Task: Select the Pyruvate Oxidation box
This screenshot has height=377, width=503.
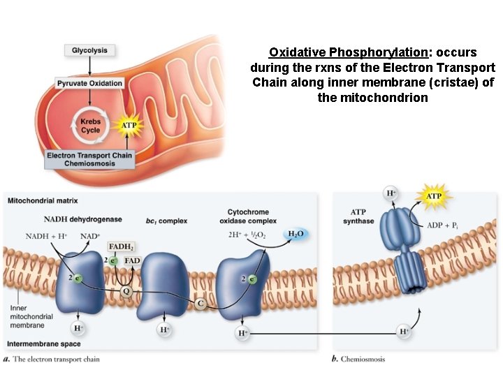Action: [x=90, y=84]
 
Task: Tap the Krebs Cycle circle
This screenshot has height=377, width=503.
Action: [x=90, y=126]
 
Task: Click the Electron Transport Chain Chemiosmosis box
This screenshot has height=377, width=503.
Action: [x=89, y=159]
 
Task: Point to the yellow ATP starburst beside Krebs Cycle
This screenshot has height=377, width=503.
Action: [x=129, y=126]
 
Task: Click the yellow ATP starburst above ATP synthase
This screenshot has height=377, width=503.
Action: [x=434, y=197]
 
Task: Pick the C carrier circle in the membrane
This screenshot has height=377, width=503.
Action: [x=201, y=303]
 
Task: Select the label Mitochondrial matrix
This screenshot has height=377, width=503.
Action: [x=40, y=200]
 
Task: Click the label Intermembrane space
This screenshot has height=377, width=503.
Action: [x=43, y=344]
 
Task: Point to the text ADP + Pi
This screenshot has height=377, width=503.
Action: [x=445, y=226]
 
